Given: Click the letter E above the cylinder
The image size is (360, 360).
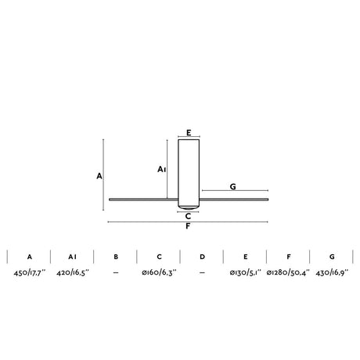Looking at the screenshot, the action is pyautogui.click(x=189, y=133).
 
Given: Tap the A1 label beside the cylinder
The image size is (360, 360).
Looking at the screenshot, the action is pyautogui.click(x=162, y=169).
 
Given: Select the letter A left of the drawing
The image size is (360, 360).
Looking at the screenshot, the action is pyautogui.click(x=99, y=176).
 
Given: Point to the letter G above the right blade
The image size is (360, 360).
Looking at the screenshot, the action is pyautogui.click(x=233, y=186).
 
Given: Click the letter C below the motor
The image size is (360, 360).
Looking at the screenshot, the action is pyautogui.click(x=188, y=216).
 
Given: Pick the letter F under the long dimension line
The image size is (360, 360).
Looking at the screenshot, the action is pyautogui.click(x=188, y=226).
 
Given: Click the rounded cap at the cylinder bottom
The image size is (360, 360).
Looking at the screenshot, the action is pyautogui.click(x=189, y=207).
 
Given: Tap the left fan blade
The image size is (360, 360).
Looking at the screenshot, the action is pyautogui.click(x=143, y=200).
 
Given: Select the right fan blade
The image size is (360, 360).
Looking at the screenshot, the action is pyautogui.click(x=234, y=200).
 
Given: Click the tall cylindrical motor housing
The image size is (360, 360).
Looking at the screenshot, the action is pyautogui.click(x=189, y=173).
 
